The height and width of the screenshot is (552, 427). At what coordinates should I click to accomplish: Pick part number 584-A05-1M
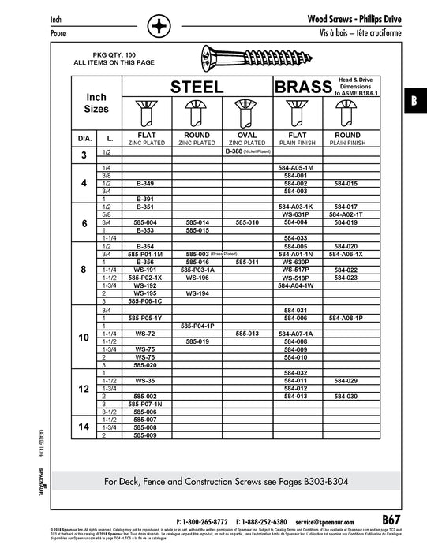296,168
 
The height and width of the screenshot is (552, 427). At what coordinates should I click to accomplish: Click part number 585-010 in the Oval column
247,222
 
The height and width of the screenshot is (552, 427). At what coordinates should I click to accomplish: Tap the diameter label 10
84,337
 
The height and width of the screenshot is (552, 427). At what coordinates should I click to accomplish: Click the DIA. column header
84,138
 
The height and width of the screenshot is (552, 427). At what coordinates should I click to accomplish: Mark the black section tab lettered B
414,102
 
